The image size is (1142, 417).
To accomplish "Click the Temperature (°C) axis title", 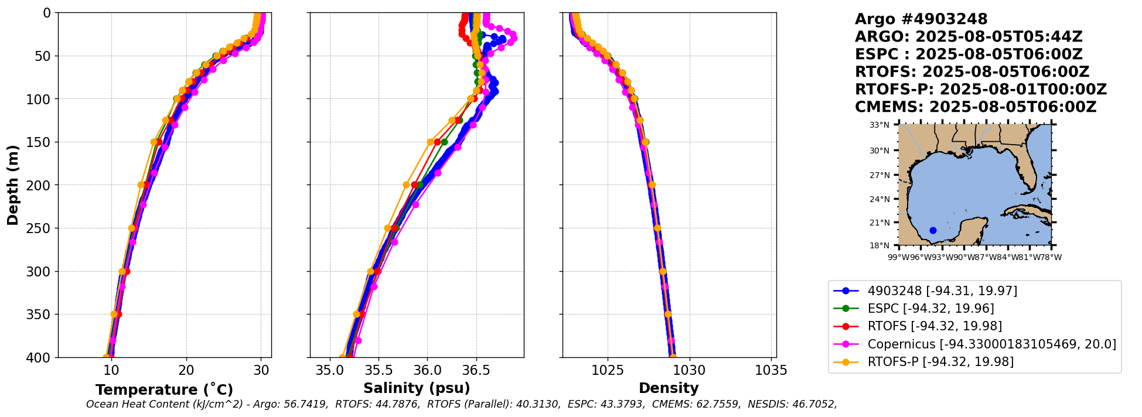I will tap(164, 389).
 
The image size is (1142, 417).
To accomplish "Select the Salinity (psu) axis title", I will tap(417, 388).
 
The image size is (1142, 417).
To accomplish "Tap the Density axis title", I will tap(669, 388).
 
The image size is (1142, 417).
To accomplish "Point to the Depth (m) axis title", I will tap(13, 185).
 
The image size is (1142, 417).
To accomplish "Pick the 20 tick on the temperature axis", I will tap(186, 370).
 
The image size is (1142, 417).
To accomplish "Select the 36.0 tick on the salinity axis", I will tap(427, 370).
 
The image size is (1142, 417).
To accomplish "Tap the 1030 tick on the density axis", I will tap(689, 370).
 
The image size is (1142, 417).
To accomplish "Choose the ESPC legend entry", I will tap(930, 308).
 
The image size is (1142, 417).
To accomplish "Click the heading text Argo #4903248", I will tap(921, 19).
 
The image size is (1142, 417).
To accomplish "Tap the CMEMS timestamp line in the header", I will tap(975, 107).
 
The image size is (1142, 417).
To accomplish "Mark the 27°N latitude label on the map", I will tap(879, 175).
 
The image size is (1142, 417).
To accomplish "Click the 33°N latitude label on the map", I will tap(879, 125).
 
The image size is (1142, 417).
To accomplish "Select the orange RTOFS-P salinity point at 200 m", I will tap(406, 185).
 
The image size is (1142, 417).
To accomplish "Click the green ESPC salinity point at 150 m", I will tap(444, 142).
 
